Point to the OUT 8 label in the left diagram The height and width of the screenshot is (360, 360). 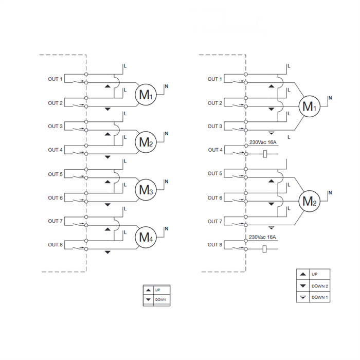[55, 245]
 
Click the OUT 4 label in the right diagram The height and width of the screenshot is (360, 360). [215, 150]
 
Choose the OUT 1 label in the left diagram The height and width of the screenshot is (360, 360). [55, 79]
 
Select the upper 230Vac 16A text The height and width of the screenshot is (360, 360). [263, 142]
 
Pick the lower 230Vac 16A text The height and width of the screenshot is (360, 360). [262, 237]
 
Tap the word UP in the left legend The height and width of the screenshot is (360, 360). [157, 290]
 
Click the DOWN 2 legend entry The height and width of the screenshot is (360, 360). [320, 286]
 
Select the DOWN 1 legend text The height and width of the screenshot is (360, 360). [320, 297]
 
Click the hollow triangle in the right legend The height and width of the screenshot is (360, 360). [303, 297]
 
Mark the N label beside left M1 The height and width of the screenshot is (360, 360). [167, 86]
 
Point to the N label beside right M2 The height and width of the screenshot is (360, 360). [330, 193]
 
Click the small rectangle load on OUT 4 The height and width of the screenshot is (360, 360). [265, 154]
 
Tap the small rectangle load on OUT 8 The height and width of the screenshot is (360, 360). [264, 249]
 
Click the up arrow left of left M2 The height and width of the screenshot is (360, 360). [107, 134]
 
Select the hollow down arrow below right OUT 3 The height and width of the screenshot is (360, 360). [272, 133]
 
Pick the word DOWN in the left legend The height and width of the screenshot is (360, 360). [160, 300]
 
